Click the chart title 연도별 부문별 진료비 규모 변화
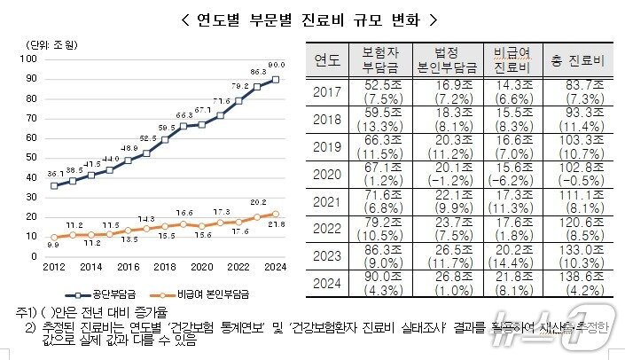312,20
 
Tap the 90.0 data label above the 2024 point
277,65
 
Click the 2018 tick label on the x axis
165,266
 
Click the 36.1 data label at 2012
55,174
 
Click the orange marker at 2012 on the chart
55,237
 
